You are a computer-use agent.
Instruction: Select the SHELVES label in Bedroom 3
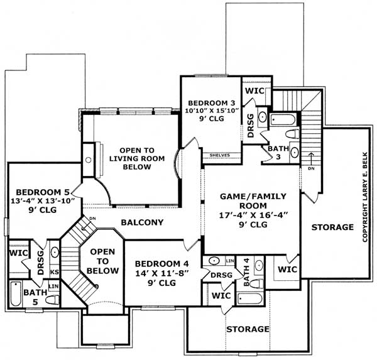coord(219,155)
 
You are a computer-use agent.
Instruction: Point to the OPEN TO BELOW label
coord(102,261)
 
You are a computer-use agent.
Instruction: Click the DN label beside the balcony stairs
coord(92,219)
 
